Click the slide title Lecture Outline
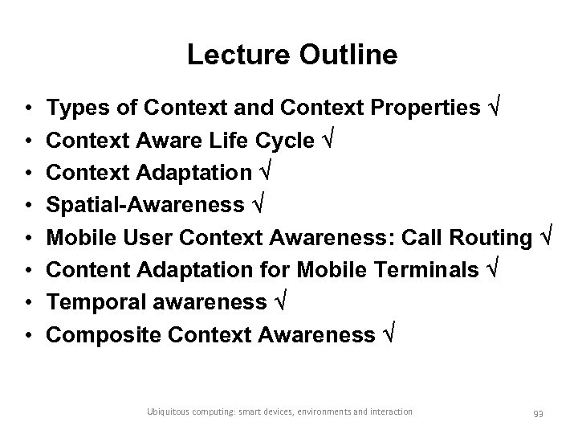291,55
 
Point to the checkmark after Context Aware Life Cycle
328,140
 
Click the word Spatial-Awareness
144,206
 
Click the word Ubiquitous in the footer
169,411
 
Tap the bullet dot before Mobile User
28,239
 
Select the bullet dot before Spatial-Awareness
28,206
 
